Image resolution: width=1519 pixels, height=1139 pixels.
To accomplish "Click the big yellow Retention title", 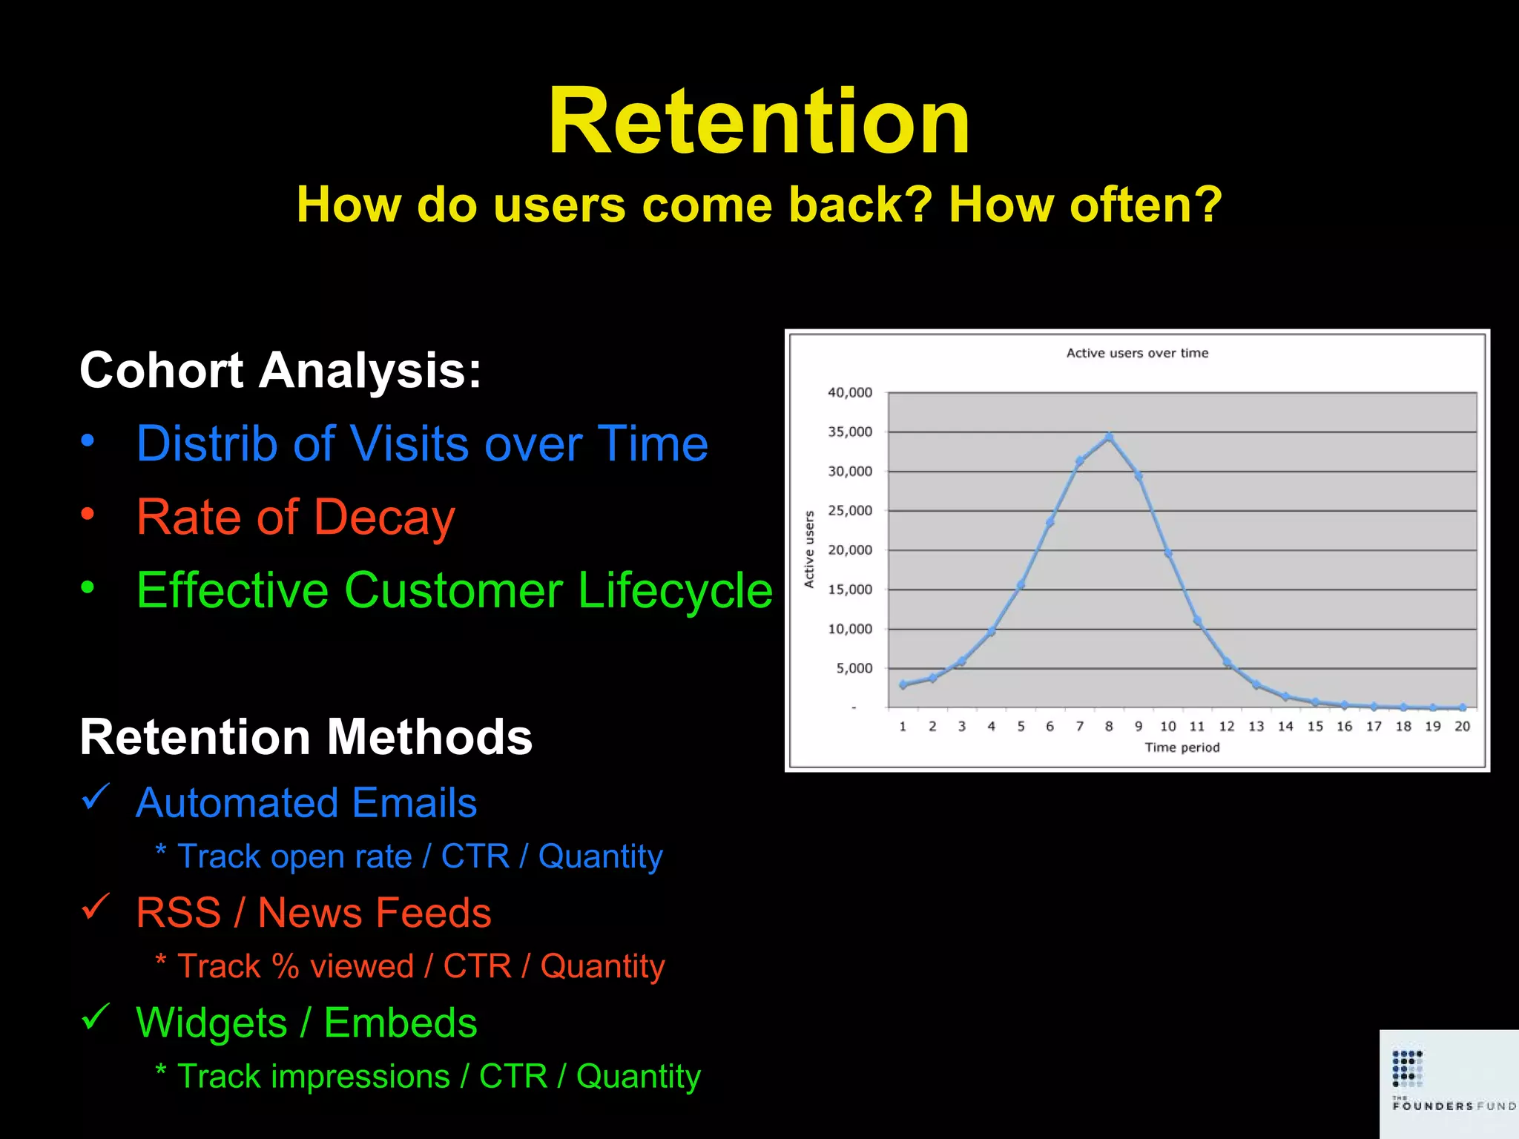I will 759,122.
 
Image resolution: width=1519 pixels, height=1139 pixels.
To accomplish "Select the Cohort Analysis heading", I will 280,370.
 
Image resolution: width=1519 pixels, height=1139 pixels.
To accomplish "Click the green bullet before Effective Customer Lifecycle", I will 88,587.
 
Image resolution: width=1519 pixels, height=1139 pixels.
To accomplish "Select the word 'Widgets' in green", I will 211,1023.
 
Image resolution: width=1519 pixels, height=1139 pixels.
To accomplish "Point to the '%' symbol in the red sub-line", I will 286,966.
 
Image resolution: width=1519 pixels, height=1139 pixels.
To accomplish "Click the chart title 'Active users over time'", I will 1137,353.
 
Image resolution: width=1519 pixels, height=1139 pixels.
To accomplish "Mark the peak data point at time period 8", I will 1109,438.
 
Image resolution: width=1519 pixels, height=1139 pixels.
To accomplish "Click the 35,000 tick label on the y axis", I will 850,432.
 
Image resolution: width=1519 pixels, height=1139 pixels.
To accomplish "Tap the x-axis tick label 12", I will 1227,726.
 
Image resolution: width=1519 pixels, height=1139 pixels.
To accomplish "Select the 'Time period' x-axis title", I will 1182,747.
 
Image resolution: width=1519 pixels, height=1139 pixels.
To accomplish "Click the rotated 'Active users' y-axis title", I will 809,549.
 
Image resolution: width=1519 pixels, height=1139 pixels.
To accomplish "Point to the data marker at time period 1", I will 903,684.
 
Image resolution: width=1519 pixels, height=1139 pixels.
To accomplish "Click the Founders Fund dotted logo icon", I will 1407,1068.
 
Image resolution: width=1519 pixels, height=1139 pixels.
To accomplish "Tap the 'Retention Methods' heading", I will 306,737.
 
